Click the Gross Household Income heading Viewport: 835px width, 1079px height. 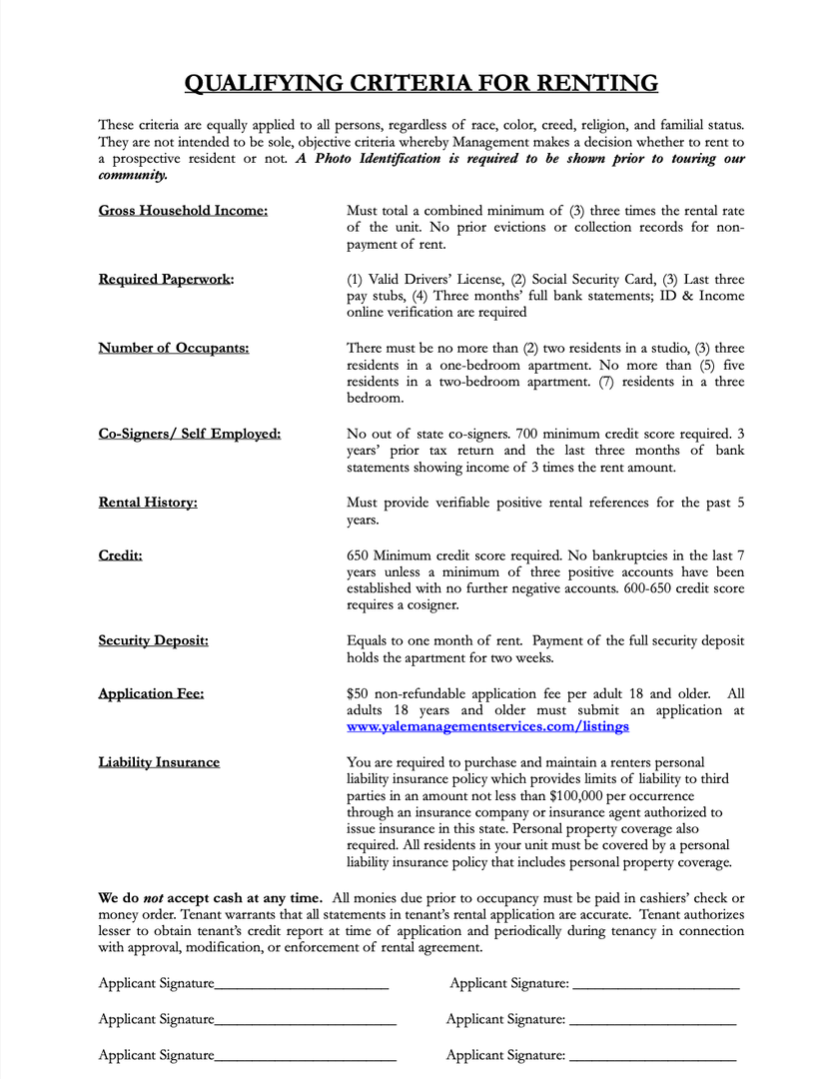(x=183, y=211)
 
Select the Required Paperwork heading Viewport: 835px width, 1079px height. (x=166, y=279)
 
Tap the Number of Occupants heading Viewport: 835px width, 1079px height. (x=174, y=348)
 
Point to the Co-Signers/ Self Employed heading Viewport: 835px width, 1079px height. (x=189, y=434)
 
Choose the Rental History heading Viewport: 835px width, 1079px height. (x=148, y=503)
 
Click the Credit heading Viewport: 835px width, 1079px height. (x=120, y=554)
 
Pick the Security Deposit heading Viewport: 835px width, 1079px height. (x=153, y=640)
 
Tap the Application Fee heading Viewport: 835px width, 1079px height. (x=151, y=693)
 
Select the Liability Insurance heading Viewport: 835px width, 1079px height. (x=159, y=762)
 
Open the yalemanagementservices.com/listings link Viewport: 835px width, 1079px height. (x=487, y=727)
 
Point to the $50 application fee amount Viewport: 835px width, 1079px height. (x=357, y=693)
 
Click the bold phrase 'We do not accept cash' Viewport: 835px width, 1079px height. (x=210, y=897)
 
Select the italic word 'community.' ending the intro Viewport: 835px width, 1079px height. (x=133, y=176)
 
